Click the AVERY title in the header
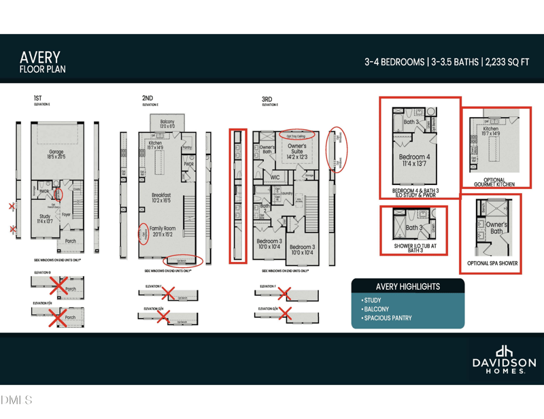[40, 57]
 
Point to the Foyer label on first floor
[66, 214]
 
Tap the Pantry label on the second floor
[187, 147]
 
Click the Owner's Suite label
[296, 149]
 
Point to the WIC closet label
[275, 178]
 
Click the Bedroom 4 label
[413, 160]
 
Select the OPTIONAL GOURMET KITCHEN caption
[494, 182]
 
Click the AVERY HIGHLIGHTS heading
[407, 286]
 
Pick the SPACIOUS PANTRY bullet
[388, 318]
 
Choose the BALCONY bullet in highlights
[377, 309]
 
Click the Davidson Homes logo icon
[504, 351]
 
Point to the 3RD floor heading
[267, 99]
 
